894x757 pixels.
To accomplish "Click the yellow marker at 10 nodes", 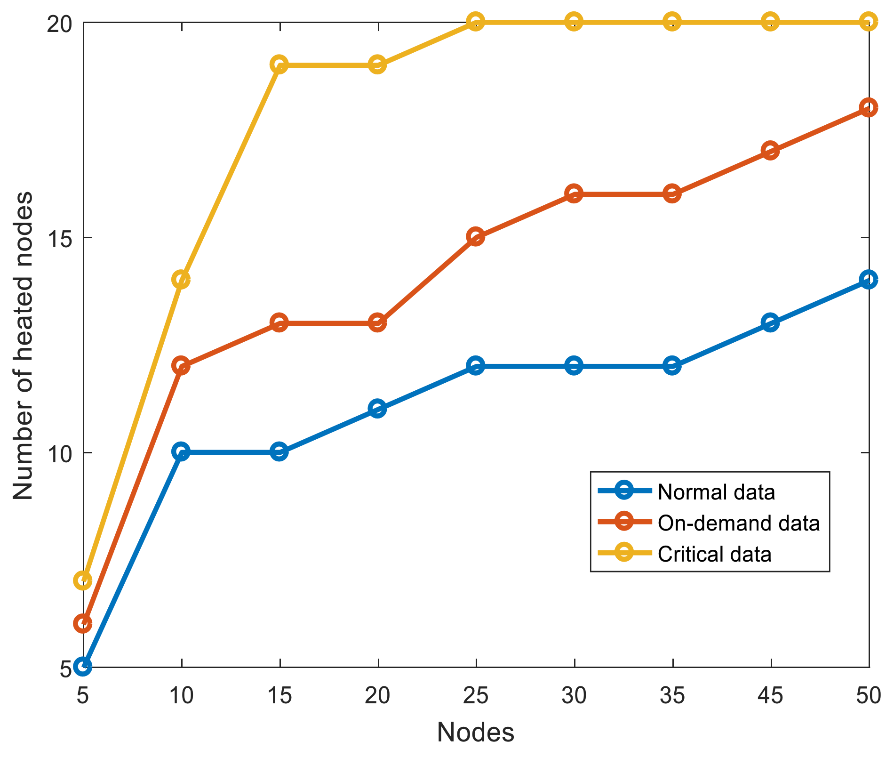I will [x=181, y=280].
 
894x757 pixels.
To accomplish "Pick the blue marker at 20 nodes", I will [x=377, y=409].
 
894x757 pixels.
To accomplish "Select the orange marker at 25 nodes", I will [x=476, y=236].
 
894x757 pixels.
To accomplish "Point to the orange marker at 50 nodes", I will [x=868, y=107].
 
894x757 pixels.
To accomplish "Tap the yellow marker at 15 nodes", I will [x=279, y=64].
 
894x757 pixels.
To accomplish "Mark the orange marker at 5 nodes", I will [x=83, y=623].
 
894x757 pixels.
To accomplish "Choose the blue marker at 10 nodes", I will [x=181, y=452].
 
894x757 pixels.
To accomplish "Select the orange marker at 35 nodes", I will [x=672, y=193].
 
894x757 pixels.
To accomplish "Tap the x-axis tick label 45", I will [x=770, y=695].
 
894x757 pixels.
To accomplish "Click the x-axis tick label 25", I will [x=476, y=695].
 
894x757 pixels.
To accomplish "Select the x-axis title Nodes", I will [x=476, y=732].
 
